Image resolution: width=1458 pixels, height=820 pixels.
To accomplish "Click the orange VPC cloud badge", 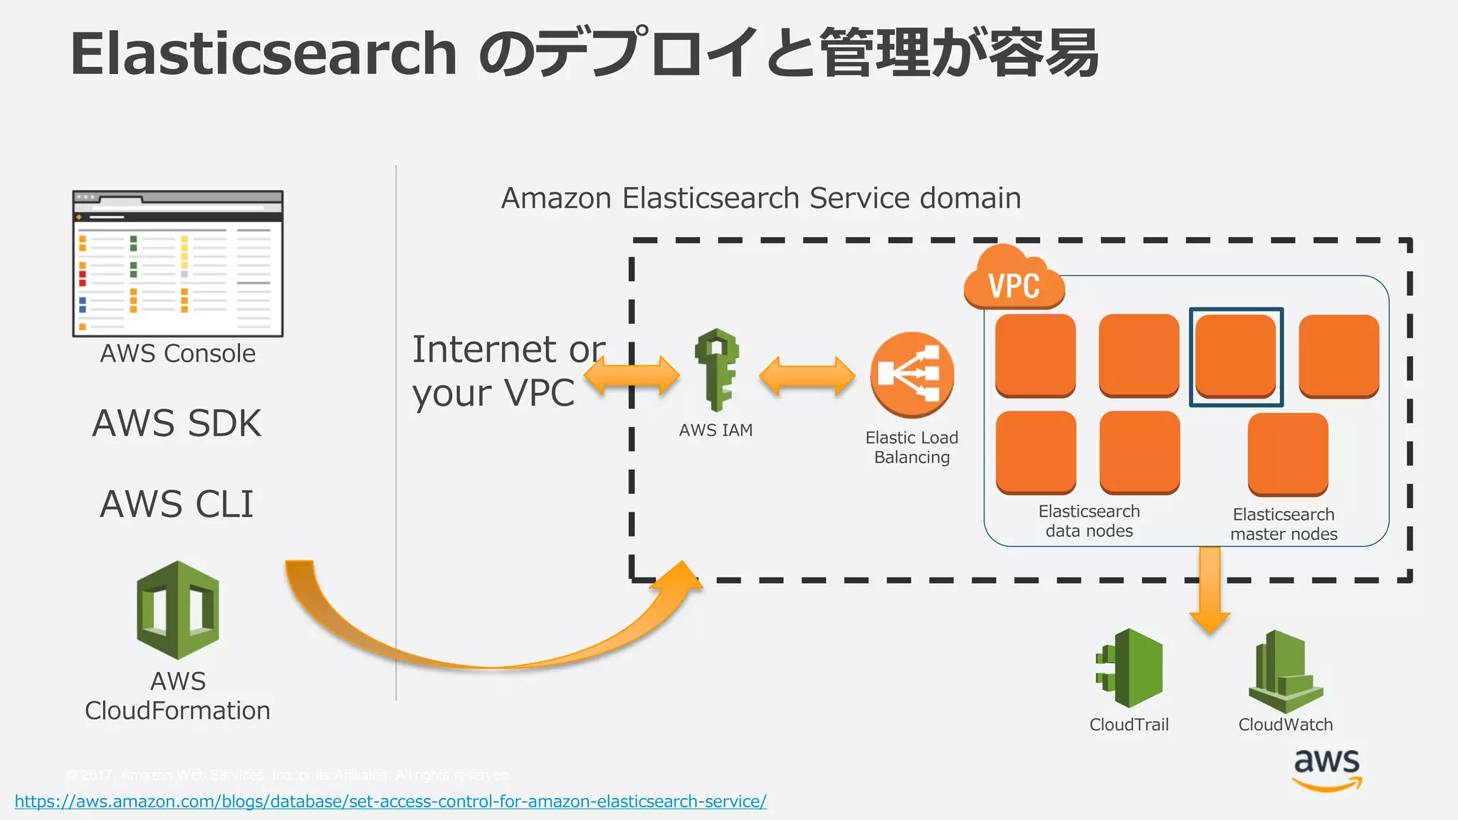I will tap(1014, 282).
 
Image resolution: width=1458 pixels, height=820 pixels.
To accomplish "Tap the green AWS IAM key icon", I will tap(717, 370).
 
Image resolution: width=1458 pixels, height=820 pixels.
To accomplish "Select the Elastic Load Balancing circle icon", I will tap(912, 374).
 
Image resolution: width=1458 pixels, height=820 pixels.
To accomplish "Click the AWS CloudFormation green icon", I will tap(177, 610).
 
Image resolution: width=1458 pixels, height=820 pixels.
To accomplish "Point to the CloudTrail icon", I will tap(1131, 668).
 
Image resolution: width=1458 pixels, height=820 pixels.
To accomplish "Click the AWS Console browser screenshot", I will tap(178, 264).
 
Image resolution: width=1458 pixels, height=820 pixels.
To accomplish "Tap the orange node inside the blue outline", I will tap(1236, 356).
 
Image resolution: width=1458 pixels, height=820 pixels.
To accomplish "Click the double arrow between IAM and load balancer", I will tap(807, 375).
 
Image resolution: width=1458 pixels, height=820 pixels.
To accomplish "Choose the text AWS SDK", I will tap(177, 424).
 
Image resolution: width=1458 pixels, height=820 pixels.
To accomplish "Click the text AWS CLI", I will tap(177, 504).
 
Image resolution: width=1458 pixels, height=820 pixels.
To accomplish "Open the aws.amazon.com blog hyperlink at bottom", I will tap(390, 801).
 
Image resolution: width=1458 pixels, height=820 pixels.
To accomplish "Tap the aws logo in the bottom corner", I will tap(1327, 769).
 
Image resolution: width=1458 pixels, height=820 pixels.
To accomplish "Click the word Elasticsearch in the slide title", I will tap(263, 54).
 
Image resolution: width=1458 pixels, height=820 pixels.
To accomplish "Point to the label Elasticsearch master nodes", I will tap(1284, 524).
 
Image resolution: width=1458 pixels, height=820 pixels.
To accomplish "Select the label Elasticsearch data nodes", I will tap(1089, 521).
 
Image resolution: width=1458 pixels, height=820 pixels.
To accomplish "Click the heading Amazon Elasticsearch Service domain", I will tap(761, 198).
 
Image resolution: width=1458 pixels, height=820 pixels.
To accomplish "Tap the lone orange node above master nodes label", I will tap(1288, 453).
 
